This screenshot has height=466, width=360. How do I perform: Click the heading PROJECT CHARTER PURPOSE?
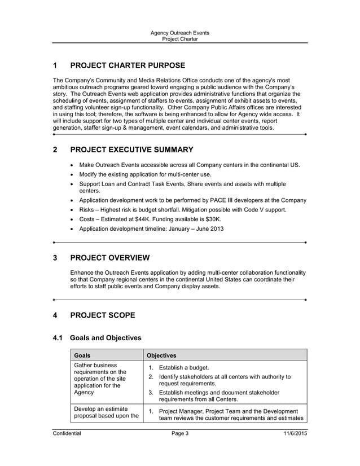pos(127,66)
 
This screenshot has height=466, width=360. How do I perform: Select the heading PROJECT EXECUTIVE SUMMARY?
pos(131,150)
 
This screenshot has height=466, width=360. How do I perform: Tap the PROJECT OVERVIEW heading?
pos(109,258)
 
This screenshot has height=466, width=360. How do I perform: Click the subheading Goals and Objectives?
pos(105,338)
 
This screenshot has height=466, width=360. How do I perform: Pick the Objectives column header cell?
pos(161,355)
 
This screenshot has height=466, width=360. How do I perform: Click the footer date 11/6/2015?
pos(295,433)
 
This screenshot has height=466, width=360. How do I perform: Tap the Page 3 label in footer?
pos(179,433)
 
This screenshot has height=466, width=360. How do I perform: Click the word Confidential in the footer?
pos(67,433)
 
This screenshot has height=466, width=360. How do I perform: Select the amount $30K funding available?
pos(213,219)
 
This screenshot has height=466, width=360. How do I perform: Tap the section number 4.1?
pos(58,338)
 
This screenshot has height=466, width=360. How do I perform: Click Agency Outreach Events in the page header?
pos(179,33)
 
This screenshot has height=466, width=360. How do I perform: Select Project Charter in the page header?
pos(179,39)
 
